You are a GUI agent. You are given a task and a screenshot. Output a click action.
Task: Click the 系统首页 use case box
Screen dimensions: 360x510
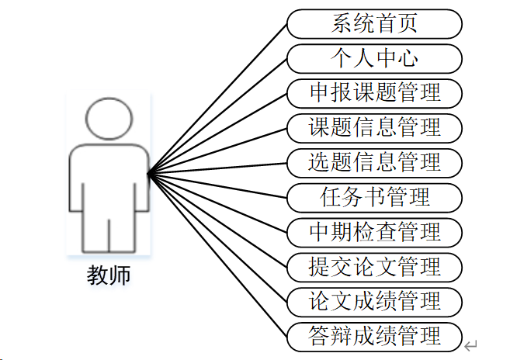[x=374, y=23]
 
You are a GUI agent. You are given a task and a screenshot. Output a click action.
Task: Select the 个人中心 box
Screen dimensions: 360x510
[x=374, y=58]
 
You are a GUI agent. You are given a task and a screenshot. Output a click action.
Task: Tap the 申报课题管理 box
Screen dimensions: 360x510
[x=374, y=93]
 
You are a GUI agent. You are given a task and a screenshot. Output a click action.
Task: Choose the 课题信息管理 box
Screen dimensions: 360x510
[x=374, y=126]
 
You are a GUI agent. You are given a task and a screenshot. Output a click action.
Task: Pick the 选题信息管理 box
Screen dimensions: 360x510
[x=374, y=162]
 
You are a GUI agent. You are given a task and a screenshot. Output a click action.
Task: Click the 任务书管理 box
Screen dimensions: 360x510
[x=374, y=197]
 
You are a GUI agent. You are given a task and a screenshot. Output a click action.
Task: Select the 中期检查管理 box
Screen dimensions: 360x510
[x=374, y=231]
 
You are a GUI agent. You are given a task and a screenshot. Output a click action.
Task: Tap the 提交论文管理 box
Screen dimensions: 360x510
[x=374, y=266]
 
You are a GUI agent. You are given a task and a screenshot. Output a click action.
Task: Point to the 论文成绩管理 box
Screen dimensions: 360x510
[x=374, y=300]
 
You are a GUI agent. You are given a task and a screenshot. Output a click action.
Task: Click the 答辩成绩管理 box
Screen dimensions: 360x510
[x=374, y=335]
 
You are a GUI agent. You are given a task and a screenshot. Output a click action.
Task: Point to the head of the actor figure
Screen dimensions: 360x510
[x=108, y=119]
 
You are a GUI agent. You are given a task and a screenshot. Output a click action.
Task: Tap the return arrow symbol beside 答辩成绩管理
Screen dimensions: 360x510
[x=470, y=344]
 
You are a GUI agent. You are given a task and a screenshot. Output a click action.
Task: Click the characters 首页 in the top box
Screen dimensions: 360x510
[x=396, y=23]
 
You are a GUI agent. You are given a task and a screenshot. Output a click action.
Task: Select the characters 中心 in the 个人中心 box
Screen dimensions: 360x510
[x=396, y=58]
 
